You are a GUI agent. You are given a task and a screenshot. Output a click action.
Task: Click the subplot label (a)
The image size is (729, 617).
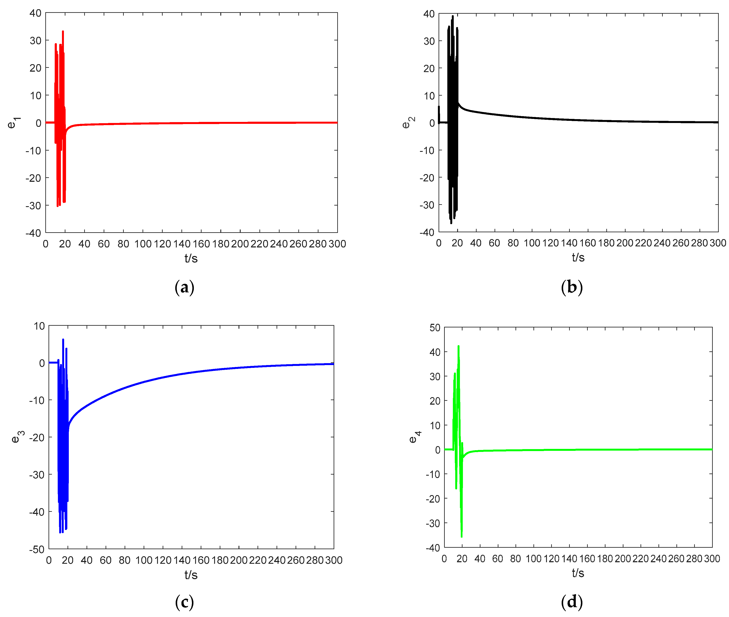click(184, 287)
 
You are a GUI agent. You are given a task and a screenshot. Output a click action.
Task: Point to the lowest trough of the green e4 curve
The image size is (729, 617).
click(462, 536)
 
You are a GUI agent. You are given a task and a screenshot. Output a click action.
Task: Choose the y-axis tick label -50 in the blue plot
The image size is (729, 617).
click(37, 549)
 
